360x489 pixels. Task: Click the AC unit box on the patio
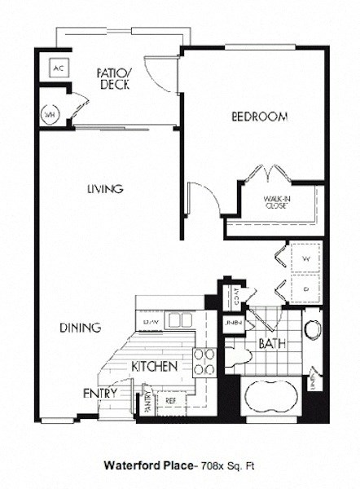(x=58, y=68)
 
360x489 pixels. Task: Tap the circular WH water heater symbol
(x=50, y=115)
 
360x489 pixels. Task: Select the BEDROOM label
(x=259, y=117)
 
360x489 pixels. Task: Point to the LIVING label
(x=105, y=189)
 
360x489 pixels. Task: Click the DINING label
(x=80, y=328)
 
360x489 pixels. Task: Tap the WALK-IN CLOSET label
(x=278, y=202)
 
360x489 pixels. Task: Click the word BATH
(x=271, y=344)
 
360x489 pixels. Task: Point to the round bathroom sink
(x=312, y=329)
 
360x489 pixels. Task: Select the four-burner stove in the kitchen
(x=204, y=362)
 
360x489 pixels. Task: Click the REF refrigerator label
(x=171, y=400)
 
